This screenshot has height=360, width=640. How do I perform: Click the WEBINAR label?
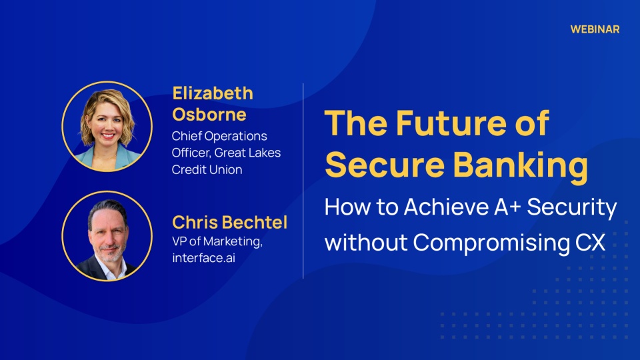click(595, 29)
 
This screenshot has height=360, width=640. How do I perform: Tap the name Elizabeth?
click(213, 93)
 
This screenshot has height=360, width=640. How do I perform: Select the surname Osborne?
click(209, 114)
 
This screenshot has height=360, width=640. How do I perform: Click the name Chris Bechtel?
click(229, 223)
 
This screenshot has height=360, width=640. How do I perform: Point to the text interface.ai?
click(203, 258)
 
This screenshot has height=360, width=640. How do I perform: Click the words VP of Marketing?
click(217, 241)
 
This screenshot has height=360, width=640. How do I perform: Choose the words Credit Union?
click(207, 169)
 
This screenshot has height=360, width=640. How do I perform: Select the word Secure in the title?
click(385, 165)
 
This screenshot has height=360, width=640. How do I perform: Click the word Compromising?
click(491, 243)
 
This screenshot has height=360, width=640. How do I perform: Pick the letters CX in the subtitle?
click(590, 243)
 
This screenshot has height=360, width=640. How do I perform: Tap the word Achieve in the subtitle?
click(446, 207)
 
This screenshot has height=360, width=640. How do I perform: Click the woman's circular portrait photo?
click(107, 126)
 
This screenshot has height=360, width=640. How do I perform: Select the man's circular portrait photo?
click(107, 236)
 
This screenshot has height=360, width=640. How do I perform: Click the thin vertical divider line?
click(303, 181)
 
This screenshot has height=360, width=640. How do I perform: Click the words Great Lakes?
click(247, 153)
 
